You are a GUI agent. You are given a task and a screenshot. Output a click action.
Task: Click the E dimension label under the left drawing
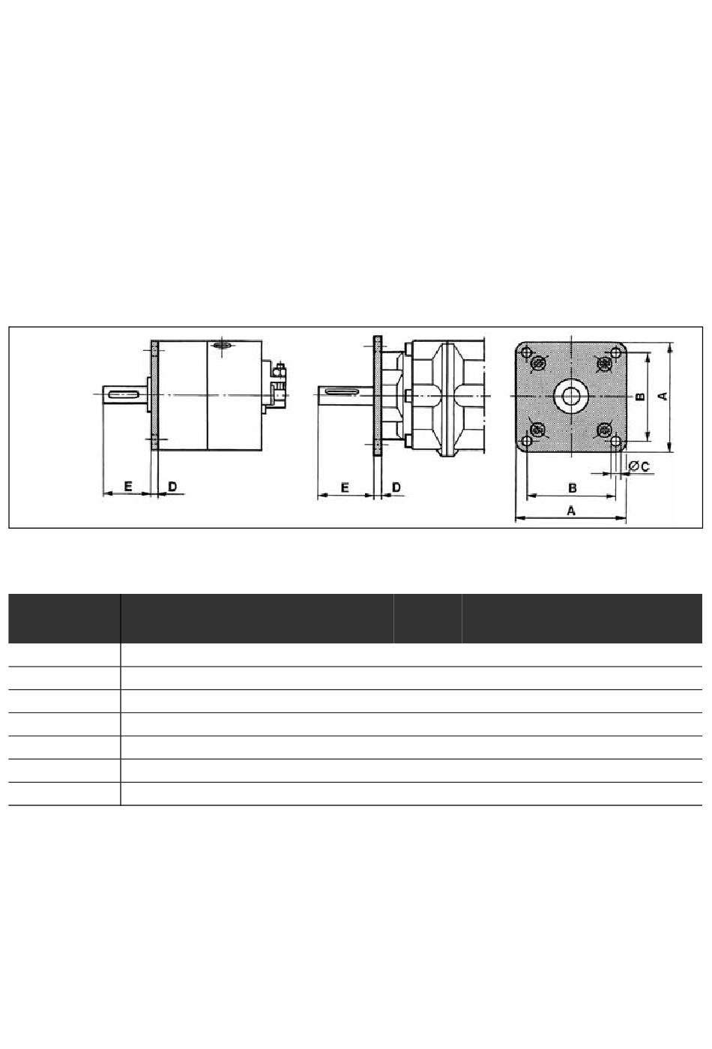coord(128,486)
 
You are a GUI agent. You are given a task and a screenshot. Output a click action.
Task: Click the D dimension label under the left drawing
coord(172,486)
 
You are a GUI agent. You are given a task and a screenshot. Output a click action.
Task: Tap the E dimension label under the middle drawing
coord(345,487)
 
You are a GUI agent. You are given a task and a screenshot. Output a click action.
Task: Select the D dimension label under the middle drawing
coord(396,487)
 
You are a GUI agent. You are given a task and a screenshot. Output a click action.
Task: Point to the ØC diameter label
coord(639,467)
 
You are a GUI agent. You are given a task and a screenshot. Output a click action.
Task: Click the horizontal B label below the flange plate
coord(572,488)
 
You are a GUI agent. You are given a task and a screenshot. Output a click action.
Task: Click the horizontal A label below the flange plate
coord(571,511)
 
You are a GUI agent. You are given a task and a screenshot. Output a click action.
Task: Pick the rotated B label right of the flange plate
coord(641,396)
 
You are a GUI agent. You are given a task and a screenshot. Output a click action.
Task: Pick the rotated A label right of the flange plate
coord(663,396)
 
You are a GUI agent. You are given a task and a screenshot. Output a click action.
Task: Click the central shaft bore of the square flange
coord(570,396)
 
